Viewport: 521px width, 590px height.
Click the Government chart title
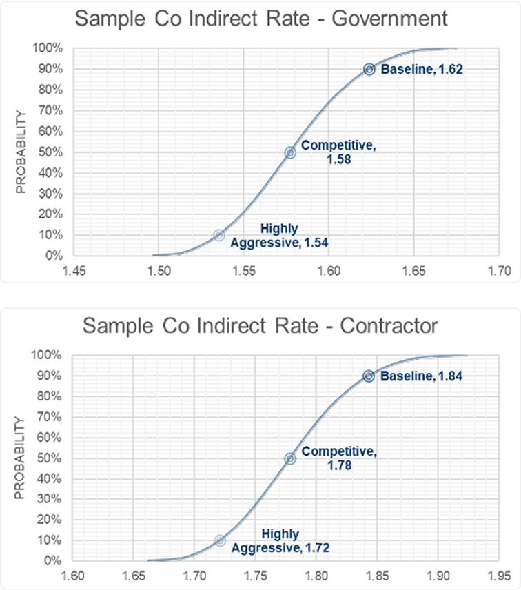[x=260, y=18]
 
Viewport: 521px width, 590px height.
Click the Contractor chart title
[x=260, y=325]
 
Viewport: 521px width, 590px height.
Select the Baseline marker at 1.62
[x=369, y=69]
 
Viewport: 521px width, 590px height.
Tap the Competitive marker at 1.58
[x=290, y=152]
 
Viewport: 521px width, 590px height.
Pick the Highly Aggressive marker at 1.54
[x=219, y=235]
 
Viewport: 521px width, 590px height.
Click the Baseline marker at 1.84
[x=369, y=376]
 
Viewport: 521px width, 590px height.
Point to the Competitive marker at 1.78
[x=290, y=458]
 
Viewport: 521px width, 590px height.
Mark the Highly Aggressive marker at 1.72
[x=220, y=540]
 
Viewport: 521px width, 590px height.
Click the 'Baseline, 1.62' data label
[x=413, y=69]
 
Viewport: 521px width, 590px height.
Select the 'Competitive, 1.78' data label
[x=339, y=458]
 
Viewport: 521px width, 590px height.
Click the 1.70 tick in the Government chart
[x=498, y=270]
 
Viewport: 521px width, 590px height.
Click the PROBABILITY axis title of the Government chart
[x=21, y=152]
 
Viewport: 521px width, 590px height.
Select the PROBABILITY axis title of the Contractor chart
[x=21, y=458]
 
